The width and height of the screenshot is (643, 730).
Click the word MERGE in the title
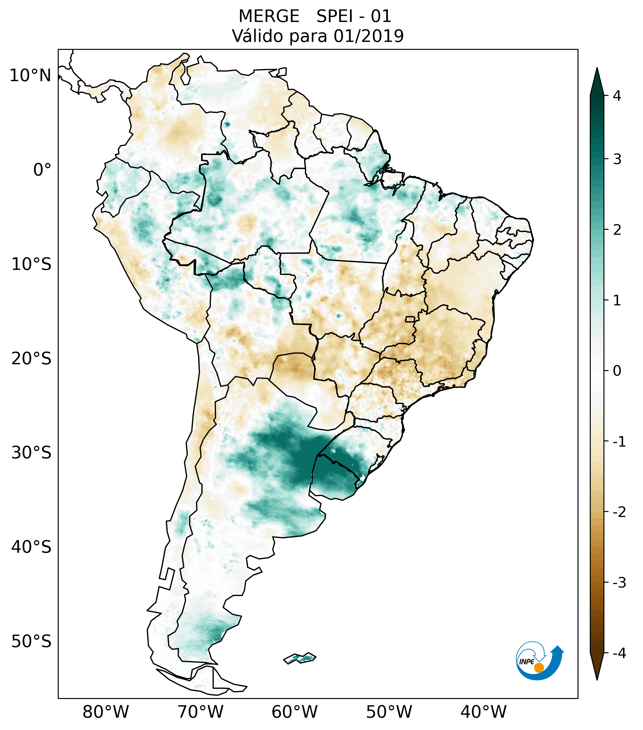[x=269, y=16]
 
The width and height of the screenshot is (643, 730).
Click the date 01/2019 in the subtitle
[x=368, y=36]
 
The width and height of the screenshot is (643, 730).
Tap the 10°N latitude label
[x=31, y=76]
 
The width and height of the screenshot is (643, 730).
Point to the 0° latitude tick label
[x=42, y=170]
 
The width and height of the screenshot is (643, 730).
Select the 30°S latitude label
[x=31, y=453]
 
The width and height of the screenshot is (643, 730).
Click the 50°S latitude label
[x=31, y=641]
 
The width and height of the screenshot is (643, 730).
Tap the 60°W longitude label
[x=294, y=712]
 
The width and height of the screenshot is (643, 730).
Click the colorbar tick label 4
[x=617, y=96]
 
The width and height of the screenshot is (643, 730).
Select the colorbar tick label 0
[x=617, y=371]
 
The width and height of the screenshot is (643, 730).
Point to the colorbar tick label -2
[x=619, y=512]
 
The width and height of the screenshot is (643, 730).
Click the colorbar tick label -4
[x=619, y=653]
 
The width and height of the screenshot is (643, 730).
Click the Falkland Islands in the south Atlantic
[x=300, y=658]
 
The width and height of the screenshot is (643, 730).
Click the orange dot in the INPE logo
[x=539, y=668]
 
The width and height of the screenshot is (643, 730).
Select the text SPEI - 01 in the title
[x=354, y=16]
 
